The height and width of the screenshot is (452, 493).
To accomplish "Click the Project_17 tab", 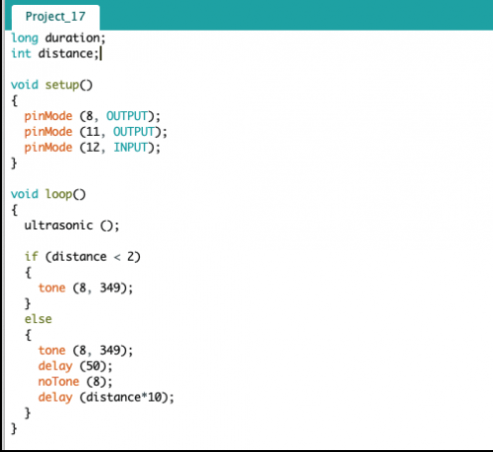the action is (55, 17).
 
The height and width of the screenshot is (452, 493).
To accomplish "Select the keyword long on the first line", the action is (25, 38).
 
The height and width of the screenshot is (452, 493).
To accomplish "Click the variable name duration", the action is (72, 37).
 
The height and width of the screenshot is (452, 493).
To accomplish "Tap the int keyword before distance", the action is (21, 53).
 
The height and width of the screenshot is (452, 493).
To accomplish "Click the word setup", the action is (62, 86).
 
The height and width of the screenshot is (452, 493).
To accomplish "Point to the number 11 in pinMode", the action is (93, 132).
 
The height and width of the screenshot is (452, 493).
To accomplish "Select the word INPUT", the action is (130, 148).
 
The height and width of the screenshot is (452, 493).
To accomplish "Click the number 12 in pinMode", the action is (93, 148).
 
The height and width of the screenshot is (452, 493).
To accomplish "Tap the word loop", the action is (59, 194).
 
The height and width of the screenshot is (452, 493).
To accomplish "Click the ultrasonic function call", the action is (59, 226).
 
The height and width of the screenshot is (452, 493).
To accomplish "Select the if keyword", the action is (32, 256).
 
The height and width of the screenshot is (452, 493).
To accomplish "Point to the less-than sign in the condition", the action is (117, 257).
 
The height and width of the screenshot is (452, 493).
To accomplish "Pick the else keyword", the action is (38, 319).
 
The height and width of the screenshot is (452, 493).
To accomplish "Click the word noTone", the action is (59, 381).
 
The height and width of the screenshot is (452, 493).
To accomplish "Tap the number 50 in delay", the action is (93, 365).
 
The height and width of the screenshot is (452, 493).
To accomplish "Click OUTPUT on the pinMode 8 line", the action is (127, 116).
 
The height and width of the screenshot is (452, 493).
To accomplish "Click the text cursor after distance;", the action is (101, 53).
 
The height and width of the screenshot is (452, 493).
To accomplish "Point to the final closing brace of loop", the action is (14, 428).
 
